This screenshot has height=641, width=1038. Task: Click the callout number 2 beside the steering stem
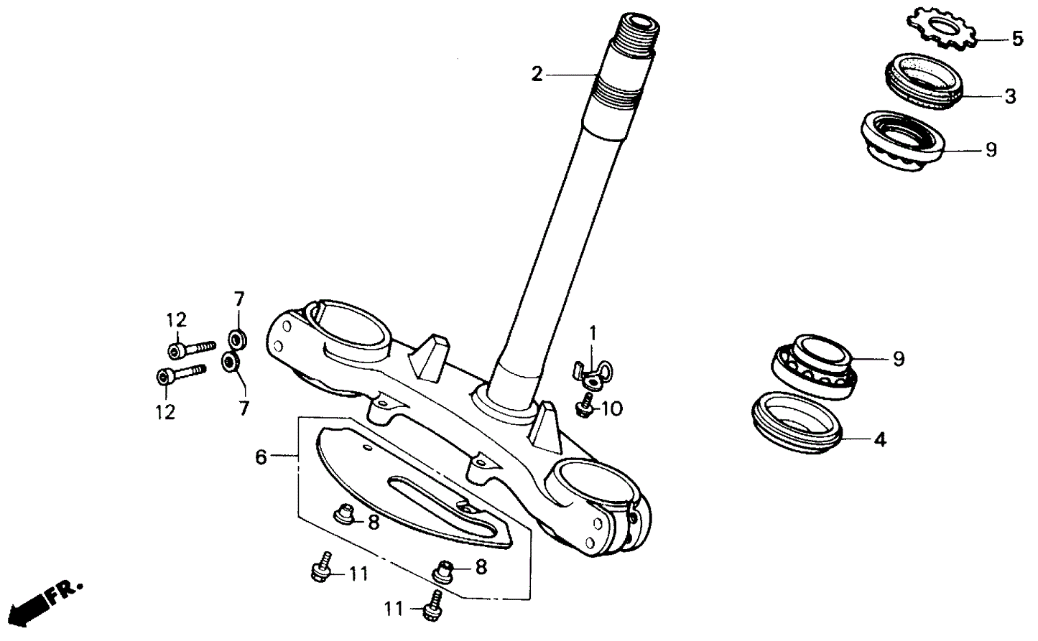(x=537, y=73)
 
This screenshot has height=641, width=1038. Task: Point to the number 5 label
(x=1016, y=39)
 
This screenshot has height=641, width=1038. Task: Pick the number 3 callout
(x=1010, y=96)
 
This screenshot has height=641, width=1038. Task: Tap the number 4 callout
(x=880, y=439)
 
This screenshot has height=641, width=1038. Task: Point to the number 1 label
(x=593, y=333)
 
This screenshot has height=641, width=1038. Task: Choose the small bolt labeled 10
(x=585, y=406)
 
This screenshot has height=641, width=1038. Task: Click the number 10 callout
(x=611, y=409)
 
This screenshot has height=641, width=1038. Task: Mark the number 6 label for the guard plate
(x=261, y=457)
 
